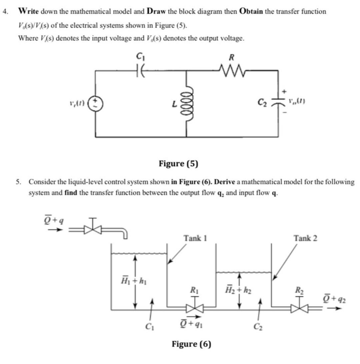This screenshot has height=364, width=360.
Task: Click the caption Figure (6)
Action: (191, 344)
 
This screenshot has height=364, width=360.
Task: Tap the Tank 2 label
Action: (305, 238)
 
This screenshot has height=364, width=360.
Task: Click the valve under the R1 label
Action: (194, 308)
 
